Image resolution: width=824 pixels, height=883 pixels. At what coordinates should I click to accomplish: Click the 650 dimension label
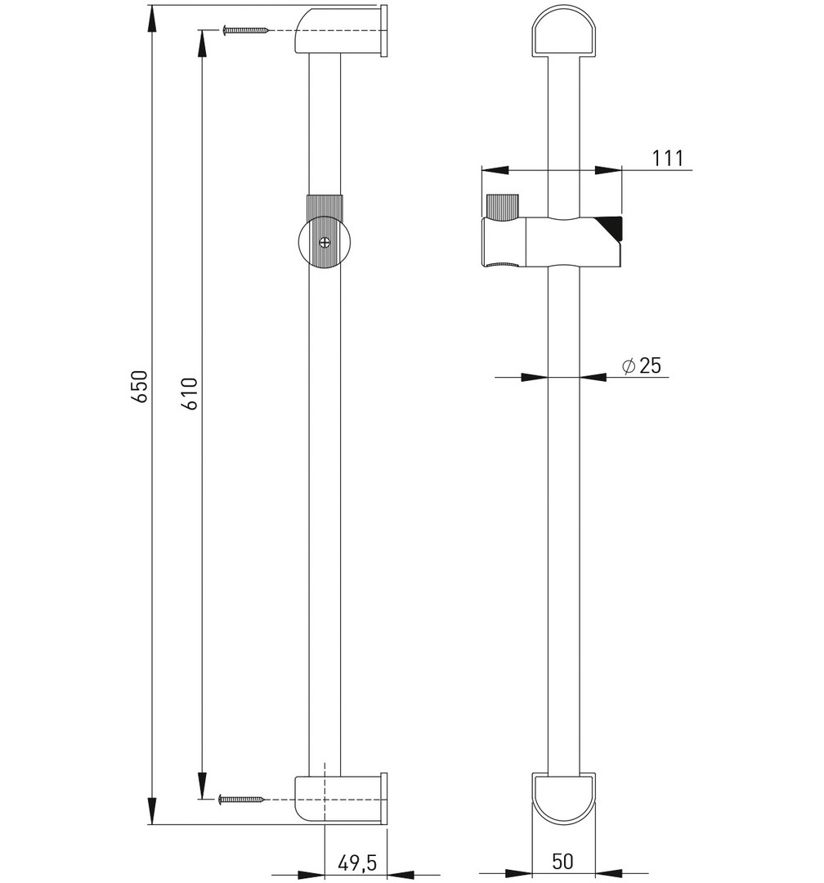[140, 386]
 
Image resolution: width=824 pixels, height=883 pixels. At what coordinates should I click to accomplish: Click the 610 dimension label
[190, 393]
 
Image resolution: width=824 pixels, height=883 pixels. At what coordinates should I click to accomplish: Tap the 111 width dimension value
[667, 159]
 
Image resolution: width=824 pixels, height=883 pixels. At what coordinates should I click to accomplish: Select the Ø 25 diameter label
[642, 366]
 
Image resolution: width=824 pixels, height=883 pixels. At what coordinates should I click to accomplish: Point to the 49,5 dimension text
[356, 862]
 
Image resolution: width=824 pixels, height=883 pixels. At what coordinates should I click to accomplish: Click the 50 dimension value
[562, 861]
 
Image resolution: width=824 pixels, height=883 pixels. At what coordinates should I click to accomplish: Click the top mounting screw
[245, 30]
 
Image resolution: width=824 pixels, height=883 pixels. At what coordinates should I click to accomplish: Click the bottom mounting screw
[241, 799]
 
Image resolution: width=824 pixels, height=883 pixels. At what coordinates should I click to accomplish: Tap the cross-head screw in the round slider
[325, 243]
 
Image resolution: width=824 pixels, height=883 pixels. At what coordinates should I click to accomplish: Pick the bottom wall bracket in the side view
[341, 798]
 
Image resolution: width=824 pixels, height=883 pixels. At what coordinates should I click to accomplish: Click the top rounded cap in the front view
[564, 32]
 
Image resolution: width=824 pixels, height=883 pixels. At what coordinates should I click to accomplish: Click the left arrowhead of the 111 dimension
[495, 169]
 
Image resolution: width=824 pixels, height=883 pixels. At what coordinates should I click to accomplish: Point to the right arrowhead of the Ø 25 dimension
[593, 377]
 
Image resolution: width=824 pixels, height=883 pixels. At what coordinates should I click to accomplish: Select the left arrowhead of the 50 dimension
[519, 873]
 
